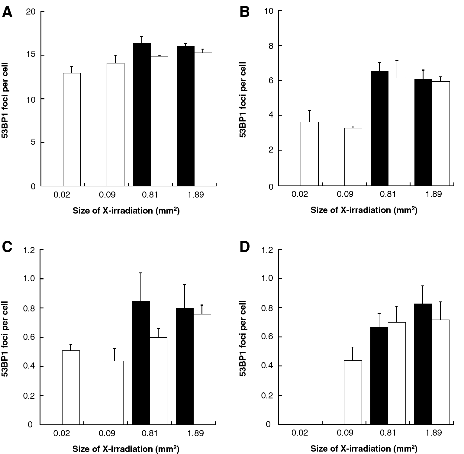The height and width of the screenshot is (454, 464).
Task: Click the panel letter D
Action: pos(245,247)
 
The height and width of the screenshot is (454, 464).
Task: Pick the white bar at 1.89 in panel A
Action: pos(203,119)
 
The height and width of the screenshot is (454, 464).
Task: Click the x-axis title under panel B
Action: pos(364,210)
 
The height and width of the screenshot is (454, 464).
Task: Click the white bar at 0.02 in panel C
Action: pos(71,387)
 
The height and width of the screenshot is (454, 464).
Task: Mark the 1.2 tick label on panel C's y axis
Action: pos(29,250)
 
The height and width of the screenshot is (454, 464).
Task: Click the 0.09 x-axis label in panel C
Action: pos(107,433)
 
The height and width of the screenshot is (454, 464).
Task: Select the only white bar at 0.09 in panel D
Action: pos(353,392)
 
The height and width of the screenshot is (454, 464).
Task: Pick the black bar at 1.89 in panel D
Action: pos(423,364)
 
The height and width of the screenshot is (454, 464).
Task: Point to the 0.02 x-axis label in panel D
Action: pos(300,433)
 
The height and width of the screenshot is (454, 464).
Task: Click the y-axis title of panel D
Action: pos(243,338)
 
